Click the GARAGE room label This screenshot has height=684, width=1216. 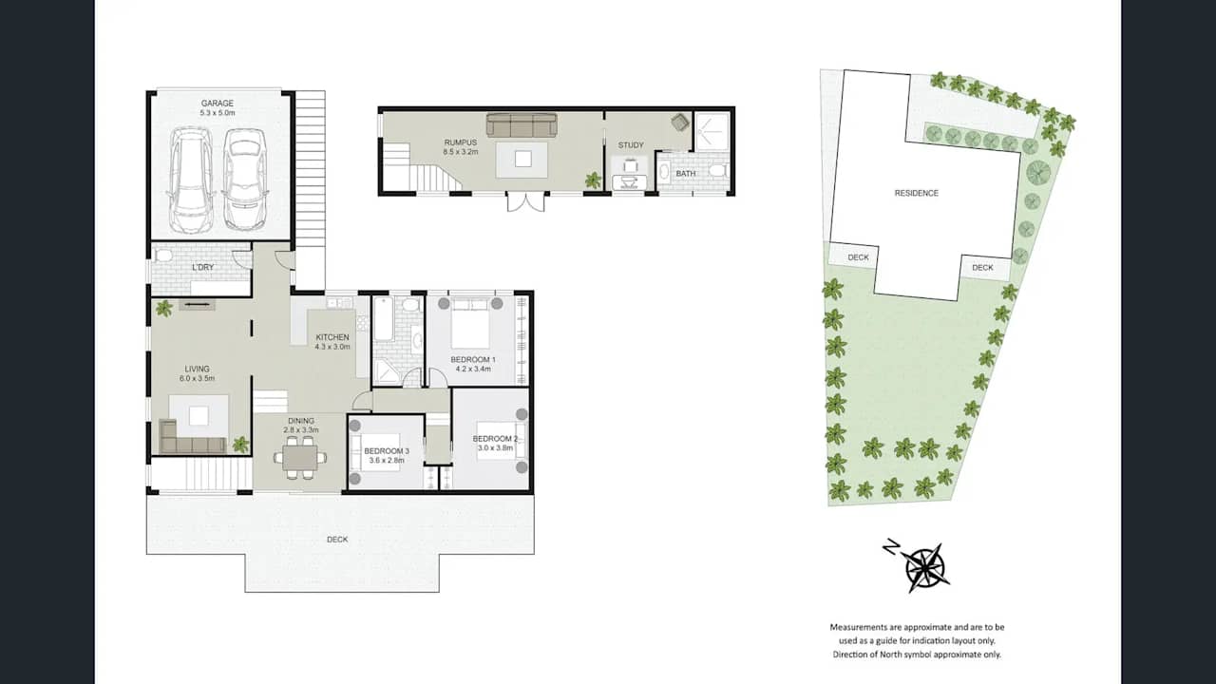tap(218, 104)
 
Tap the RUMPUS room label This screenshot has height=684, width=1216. tap(461, 142)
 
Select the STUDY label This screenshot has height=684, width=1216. tap(631, 145)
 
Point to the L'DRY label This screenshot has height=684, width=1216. tap(203, 267)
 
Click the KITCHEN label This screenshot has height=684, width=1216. tap(332, 337)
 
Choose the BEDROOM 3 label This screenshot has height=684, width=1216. tap(387, 451)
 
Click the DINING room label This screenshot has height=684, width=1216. tap(301, 421)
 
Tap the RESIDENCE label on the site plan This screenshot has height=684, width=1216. tap(917, 193)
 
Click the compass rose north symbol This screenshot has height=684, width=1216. tap(924, 568)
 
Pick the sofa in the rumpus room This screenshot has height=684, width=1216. tap(522, 124)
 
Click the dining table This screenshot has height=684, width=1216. tap(300, 458)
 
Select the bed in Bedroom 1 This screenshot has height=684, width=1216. tap(470, 323)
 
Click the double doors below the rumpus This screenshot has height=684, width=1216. tap(525, 201)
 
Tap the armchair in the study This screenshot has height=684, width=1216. tap(679, 123)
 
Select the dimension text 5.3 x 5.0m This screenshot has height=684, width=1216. tap(218, 113)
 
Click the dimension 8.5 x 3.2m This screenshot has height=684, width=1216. tap(461, 152)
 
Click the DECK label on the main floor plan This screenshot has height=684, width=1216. tap(337, 540)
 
